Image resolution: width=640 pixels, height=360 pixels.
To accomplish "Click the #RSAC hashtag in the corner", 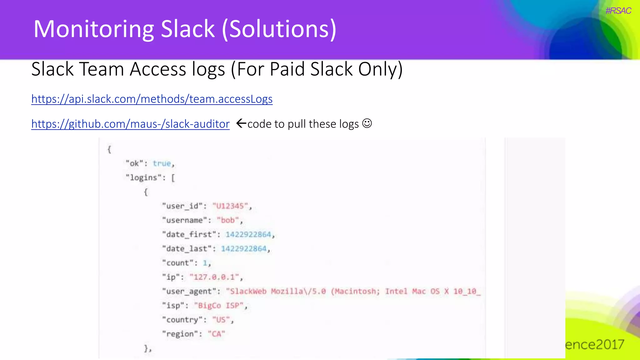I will tap(618, 11).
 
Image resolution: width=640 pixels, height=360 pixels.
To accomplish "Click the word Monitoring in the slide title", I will tap(93, 29).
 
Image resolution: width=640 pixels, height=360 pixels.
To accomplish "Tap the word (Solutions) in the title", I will tap(279, 29).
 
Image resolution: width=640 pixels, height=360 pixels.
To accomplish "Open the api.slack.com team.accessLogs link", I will tap(152, 99).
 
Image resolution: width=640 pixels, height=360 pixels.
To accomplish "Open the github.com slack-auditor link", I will tap(130, 124).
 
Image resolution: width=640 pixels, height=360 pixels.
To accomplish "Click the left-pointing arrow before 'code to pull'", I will tap(241, 123).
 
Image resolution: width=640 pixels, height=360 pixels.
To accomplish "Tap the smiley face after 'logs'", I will tap(367, 123).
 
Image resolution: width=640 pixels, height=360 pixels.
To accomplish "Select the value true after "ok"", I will tap(162, 163).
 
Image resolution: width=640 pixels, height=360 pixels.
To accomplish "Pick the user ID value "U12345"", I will tap(230, 206).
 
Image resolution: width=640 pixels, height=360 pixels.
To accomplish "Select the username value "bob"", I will tap(228, 220).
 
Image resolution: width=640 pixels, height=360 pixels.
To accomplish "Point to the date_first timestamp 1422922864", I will tap(248, 234).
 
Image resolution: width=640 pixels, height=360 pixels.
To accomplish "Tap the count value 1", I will tap(205, 263).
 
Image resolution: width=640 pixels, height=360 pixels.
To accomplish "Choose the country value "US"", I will tap(221, 320).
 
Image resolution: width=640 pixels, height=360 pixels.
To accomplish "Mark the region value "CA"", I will tap(216, 334).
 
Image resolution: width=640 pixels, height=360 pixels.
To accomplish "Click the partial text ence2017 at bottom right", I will tap(594, 345).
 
